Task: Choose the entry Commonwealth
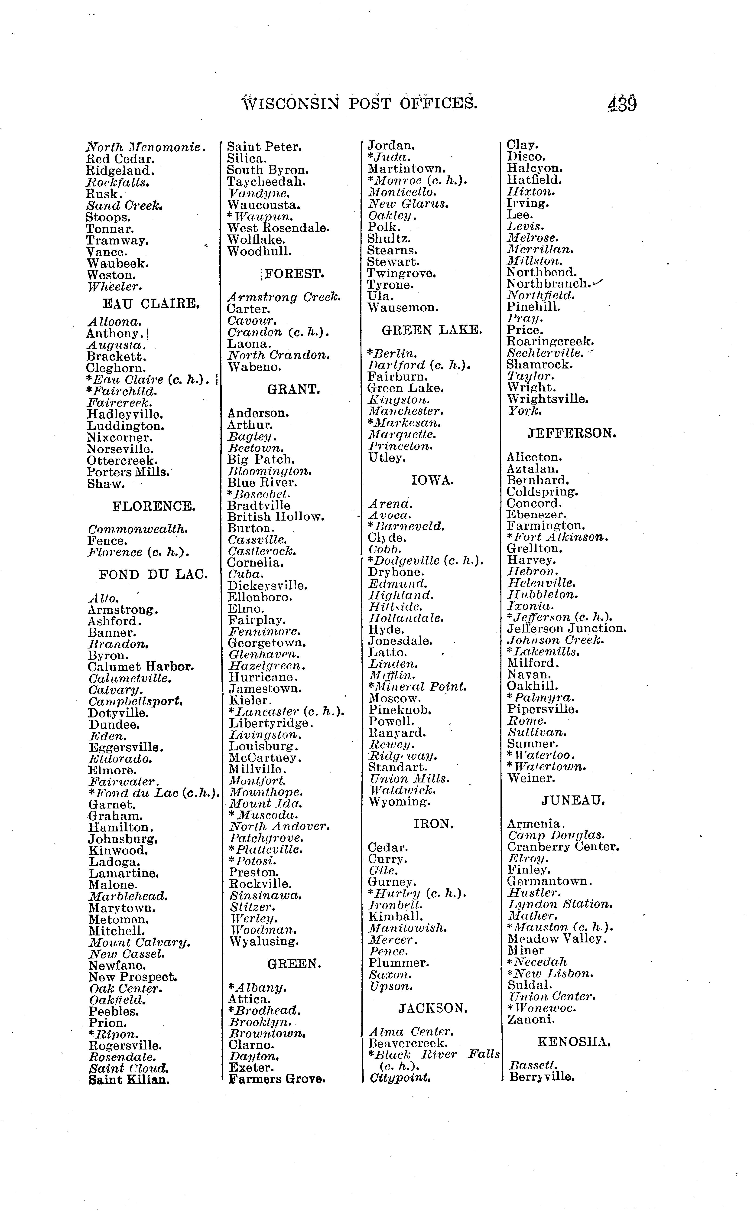pyautogui.click(x=138, y=529)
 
